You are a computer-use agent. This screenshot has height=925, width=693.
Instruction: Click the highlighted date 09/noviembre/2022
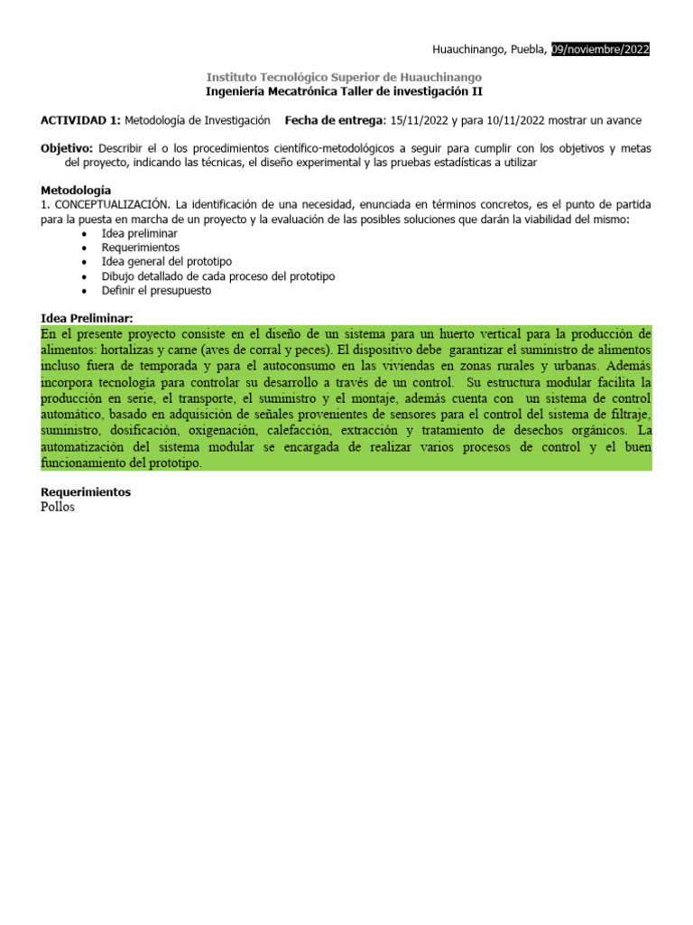[x=600, y=50]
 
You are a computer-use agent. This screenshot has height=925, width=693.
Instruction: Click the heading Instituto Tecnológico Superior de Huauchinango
[x=344, y=78]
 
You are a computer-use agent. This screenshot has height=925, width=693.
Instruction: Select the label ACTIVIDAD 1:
[x=80, y=120]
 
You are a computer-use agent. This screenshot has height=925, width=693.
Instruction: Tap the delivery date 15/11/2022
[x=421, y=120]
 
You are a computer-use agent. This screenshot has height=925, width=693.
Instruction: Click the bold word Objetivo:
[x=68, y=147]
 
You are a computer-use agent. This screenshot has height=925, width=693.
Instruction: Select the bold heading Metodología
[x=77, y=191]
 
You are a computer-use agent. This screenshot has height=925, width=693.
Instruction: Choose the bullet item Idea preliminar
[x=140, y=233]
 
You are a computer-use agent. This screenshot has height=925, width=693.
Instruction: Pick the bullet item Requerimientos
[x=141, y=248]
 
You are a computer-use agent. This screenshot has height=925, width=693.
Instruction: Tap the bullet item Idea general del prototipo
[x=167, y=262]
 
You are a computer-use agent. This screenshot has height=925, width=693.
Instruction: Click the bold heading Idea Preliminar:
[x=88, y=318]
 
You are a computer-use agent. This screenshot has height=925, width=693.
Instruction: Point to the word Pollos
[x=59, y=507]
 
